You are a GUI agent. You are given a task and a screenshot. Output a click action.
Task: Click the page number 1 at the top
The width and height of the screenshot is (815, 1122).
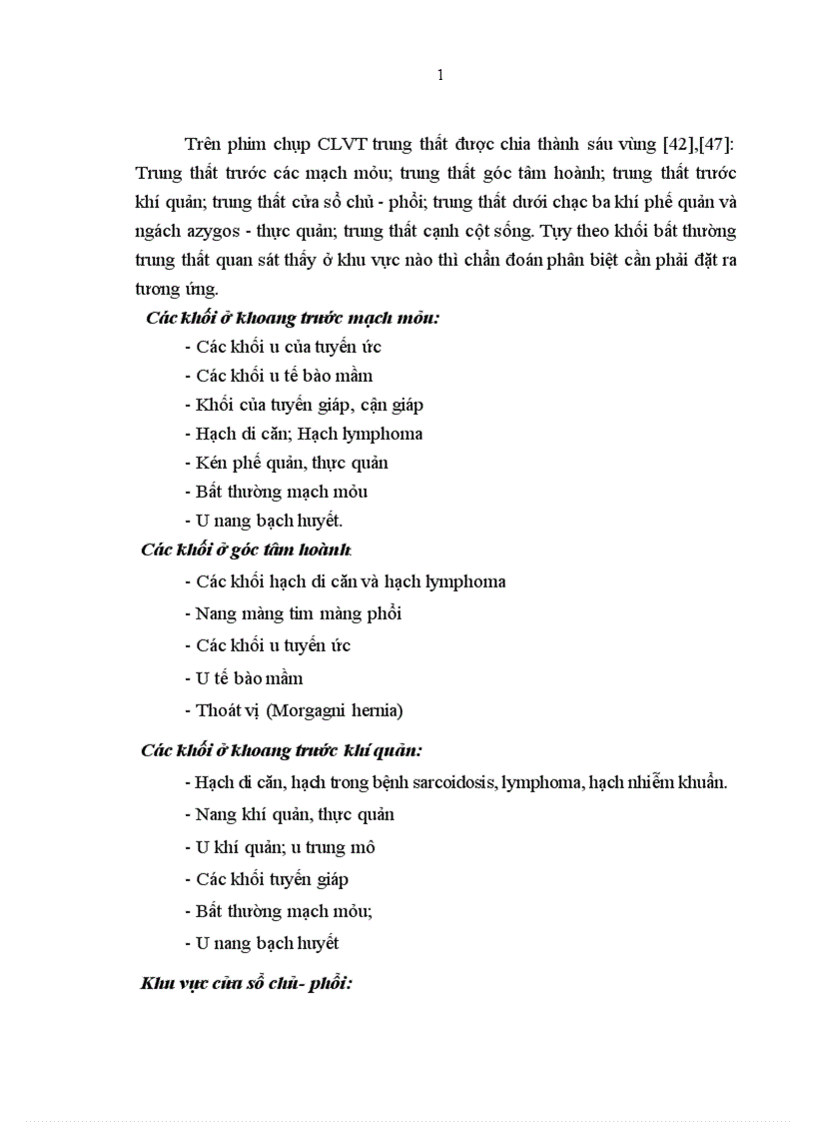pyautogui.click(x=440, y=76)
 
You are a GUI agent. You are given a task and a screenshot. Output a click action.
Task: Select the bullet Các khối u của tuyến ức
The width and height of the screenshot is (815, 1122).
pyautogui.click(x=283, y=347)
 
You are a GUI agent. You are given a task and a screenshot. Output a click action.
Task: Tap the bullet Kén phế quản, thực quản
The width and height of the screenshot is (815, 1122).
pyautogui.click(x=287, y=463)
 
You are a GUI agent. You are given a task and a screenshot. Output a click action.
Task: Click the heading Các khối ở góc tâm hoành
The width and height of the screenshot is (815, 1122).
pyautogui.click(x=246, y=550)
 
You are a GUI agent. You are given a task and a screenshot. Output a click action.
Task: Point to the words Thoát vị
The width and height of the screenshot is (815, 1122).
pyautogui.click(x=228, y=710)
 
